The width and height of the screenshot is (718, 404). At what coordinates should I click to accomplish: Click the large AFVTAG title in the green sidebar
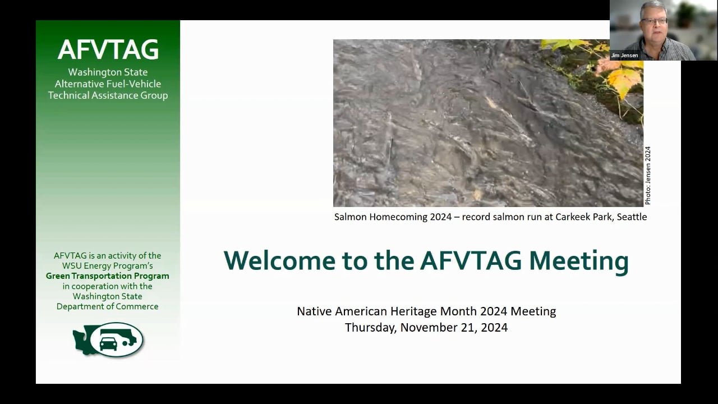coord(108,50)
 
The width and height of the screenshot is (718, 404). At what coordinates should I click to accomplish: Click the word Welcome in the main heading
coord(279,261)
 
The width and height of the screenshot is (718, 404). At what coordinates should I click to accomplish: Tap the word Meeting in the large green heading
coord(578,262)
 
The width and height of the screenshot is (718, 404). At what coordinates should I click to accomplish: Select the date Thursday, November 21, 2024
coord(426,328)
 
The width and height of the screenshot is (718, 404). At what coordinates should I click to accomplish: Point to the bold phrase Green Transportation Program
coord(107,276)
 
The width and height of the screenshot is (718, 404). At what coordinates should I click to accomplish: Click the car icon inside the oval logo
coord(108,343)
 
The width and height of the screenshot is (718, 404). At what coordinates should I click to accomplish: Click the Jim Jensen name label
coord(624,56)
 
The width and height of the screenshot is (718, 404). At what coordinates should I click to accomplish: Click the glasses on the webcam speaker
coord(655,21)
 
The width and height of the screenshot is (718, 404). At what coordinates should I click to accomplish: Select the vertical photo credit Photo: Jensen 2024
coord(648,176)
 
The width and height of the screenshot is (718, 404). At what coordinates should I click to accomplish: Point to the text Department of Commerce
coord(107,306)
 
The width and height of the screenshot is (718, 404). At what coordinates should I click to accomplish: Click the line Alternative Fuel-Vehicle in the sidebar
coord(108,84)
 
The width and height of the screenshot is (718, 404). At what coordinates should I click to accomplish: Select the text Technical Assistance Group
coord(108,95)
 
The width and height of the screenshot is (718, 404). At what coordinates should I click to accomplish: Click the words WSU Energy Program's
coord(107,266)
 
